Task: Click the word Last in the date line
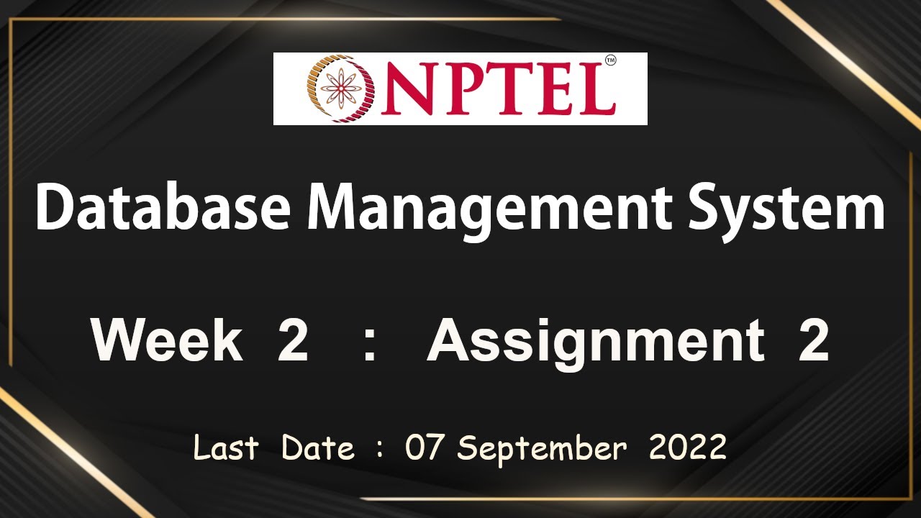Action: (x=225, y=448)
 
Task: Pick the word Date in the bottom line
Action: (x=317, y=448)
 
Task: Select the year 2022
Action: (x=687, y=448)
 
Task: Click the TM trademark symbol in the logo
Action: (x=610, y=62)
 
